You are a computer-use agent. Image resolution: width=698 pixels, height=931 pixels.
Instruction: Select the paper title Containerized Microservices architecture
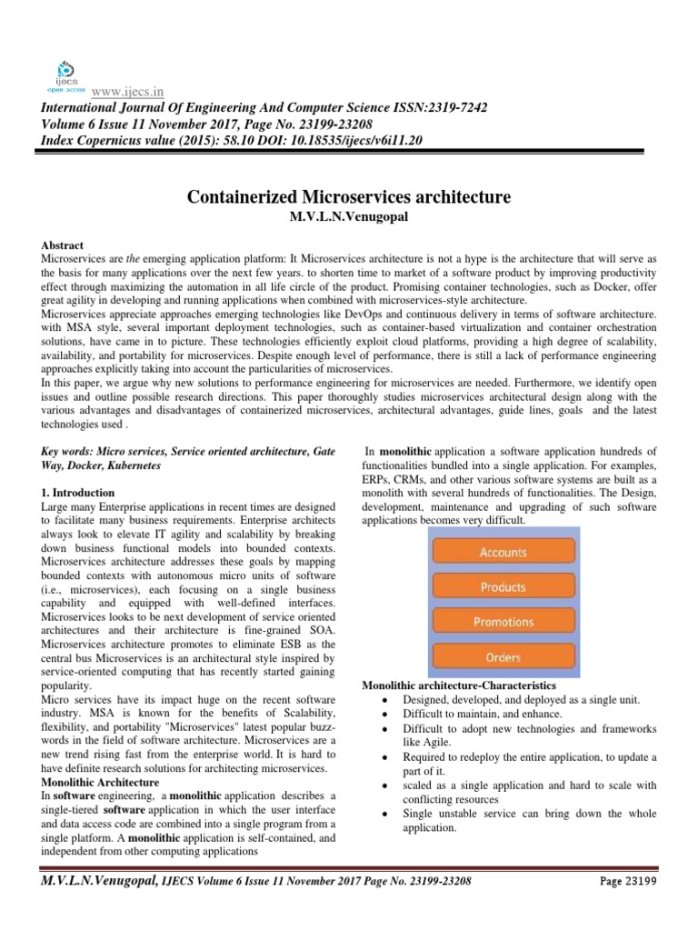[349, 196]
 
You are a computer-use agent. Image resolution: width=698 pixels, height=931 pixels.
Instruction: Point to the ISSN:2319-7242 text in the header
[440, 107]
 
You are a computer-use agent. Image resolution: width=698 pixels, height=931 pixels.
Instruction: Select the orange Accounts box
[503, 552]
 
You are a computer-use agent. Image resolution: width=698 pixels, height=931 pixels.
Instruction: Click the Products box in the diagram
[503, 586]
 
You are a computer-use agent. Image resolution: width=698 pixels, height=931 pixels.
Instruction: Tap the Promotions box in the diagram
[503, 621]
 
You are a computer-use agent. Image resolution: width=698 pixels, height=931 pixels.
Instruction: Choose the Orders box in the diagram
[503, 656]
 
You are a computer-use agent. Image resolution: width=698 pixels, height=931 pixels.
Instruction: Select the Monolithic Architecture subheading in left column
[101, 782]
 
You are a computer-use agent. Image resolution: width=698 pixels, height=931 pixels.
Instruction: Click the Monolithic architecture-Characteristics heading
[459, 684]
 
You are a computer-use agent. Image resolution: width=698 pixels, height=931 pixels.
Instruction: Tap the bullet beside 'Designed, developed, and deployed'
[387, 699]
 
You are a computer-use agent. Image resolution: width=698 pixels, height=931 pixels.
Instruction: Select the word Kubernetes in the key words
[132, 465]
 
